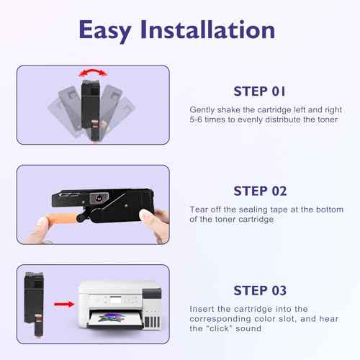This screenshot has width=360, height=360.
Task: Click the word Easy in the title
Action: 105,31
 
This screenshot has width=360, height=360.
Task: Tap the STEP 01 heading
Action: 259,91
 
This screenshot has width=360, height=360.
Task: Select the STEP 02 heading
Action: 260,191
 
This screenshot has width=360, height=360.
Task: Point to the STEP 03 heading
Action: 260,290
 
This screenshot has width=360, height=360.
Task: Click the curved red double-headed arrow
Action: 93,71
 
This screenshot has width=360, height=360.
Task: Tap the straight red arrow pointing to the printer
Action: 64,304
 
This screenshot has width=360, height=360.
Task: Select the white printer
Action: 120,305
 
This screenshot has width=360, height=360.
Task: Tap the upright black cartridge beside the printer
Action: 35,304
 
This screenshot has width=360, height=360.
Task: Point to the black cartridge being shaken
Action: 91,110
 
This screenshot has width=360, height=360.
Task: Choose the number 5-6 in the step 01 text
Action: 196,120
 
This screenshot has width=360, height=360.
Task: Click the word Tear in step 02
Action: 199,210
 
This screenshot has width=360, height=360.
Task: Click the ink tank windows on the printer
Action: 152,322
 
